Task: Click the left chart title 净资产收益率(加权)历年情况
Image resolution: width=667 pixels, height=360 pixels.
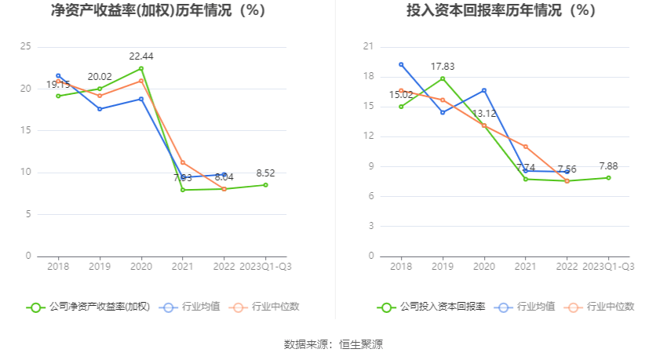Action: (x=158, y=11)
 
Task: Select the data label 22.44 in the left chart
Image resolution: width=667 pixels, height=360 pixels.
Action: (x=141, y=56)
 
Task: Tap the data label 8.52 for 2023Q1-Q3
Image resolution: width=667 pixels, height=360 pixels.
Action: (x=265, y=173)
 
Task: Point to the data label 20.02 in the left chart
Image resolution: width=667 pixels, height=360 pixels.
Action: (x=100, y=76)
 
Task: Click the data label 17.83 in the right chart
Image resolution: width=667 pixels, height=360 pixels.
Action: (x=443, y=66)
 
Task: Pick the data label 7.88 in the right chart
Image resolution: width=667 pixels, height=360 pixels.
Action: (x=608, y=165)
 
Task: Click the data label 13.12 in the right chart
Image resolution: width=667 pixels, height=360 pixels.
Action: (x=483, y=113)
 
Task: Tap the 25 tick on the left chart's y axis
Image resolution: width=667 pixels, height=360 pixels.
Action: (x=26, y=47)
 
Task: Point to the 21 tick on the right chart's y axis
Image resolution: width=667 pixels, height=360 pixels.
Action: (x=366, y=47)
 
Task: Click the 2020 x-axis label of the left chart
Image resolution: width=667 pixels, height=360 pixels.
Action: (x=141, y=267)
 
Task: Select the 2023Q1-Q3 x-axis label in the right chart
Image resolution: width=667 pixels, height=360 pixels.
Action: (x=608, y=267)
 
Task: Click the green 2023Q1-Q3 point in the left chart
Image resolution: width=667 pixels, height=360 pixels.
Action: (x=265, y=185)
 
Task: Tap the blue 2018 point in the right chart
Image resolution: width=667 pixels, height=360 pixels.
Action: (x=401, y=64)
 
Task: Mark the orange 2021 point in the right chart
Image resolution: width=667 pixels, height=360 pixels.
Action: (x=525, y=147)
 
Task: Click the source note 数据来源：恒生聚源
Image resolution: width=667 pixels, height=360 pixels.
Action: (x=333, y=344)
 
